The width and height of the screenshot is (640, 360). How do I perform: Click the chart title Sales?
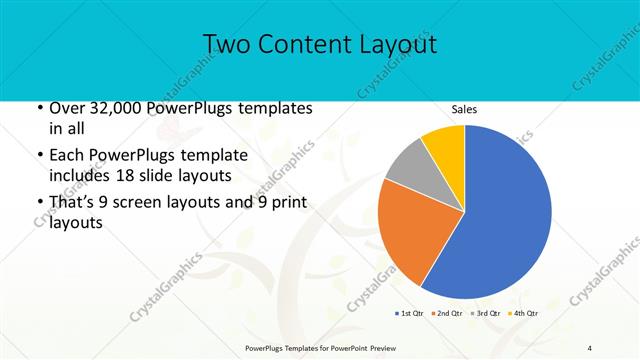464,109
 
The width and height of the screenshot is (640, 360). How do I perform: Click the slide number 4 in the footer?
590,348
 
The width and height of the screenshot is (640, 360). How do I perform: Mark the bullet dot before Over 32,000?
39,108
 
